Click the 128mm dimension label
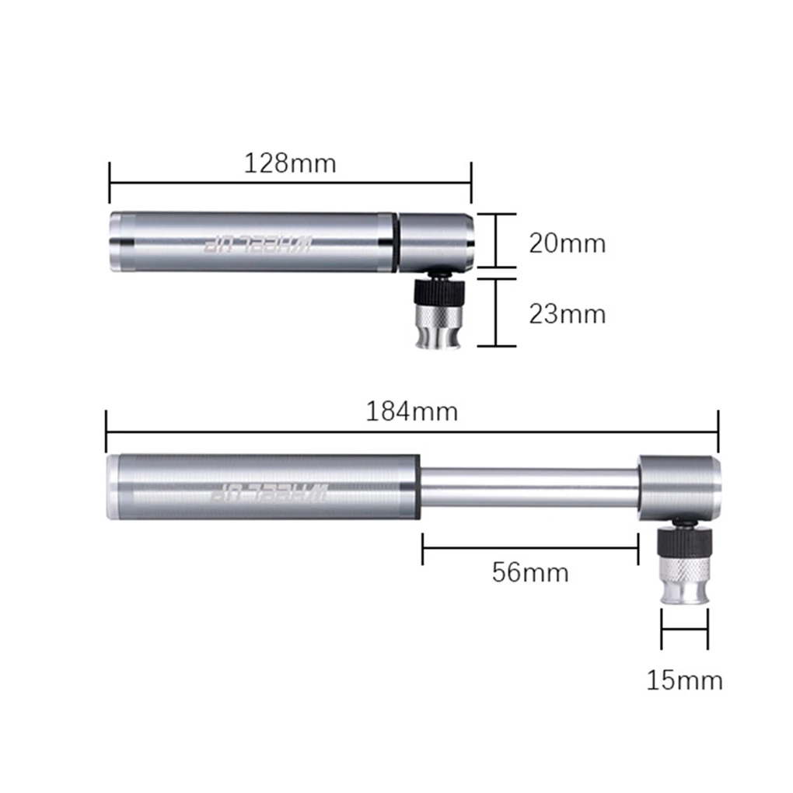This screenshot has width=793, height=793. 290,163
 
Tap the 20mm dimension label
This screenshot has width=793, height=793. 568,243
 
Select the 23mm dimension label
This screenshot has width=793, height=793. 568,314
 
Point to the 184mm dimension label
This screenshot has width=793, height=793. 412,411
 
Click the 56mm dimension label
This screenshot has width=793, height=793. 530,572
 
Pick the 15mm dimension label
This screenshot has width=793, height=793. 685,680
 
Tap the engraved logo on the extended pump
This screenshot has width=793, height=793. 269,492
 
